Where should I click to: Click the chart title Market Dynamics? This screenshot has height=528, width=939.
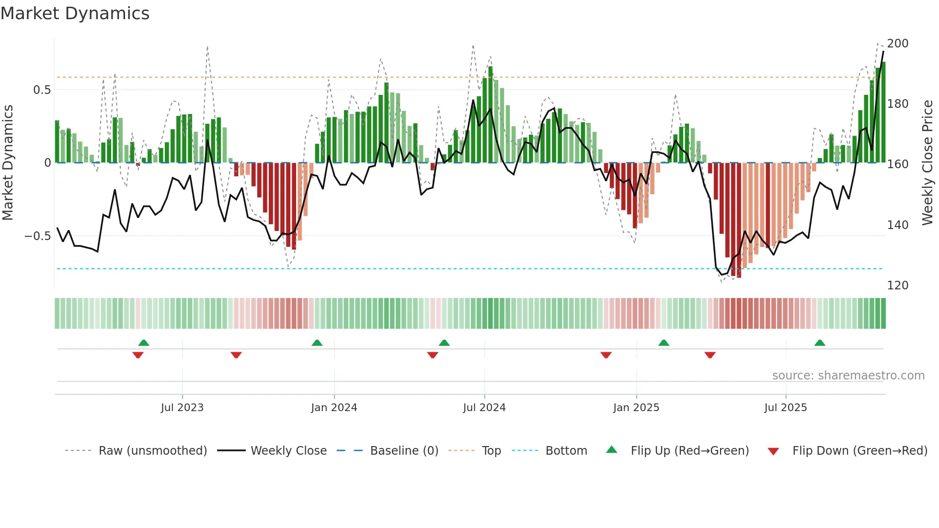point(75,13)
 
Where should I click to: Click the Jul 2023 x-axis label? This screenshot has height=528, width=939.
point(182,408)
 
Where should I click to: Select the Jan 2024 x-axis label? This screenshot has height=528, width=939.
point(334,408)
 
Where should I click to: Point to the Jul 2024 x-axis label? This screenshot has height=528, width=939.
point(484,408)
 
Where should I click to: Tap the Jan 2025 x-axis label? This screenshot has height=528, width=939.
point(636,408)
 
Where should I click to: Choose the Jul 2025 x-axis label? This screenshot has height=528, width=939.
point(786,408)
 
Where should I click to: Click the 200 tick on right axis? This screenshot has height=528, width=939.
point(897,44)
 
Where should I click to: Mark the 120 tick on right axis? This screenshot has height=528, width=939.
point(897,286)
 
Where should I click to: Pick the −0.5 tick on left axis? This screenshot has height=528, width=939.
point(37,236)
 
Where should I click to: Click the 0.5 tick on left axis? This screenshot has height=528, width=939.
point(42,90)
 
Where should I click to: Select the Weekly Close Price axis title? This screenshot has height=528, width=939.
point(928,163)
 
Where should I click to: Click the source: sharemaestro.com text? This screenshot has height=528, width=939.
point(848,376)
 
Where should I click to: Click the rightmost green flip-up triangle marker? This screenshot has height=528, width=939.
point(820,343)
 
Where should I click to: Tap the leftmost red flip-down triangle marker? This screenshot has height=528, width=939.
point(138,355)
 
